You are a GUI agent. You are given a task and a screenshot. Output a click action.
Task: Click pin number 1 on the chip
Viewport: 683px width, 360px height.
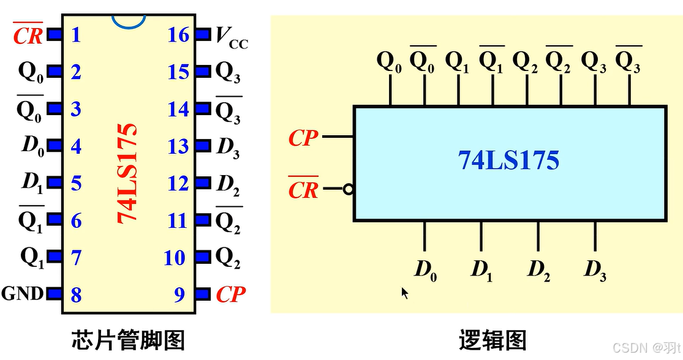76,35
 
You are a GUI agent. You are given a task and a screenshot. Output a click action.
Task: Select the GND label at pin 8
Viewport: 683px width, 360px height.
22,294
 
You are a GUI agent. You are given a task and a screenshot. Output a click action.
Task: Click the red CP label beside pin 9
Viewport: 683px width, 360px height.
230,295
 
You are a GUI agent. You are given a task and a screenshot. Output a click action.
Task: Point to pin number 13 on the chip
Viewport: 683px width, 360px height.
178,147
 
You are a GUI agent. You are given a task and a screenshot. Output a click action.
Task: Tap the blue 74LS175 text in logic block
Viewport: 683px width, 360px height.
508,160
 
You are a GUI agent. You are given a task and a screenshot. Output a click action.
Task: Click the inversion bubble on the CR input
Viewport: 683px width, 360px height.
349,189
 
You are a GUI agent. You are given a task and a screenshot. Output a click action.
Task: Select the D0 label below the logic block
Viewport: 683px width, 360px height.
425,269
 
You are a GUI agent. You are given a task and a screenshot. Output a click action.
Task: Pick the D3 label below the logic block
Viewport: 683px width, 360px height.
595,269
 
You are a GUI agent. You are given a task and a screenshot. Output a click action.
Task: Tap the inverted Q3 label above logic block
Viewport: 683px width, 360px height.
628,61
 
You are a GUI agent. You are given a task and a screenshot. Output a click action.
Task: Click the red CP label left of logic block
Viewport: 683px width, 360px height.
303,138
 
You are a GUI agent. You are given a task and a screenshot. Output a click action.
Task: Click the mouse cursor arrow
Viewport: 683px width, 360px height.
404,293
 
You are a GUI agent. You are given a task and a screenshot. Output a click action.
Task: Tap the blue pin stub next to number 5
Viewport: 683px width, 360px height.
55,182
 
